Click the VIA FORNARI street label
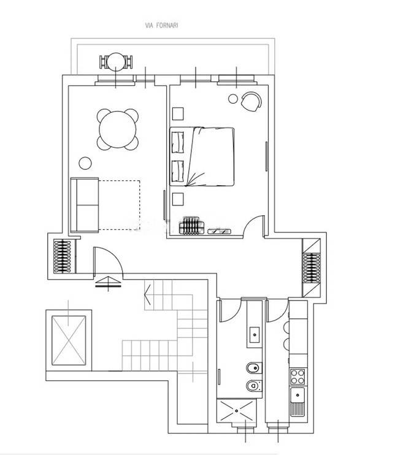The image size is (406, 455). pos(161,26)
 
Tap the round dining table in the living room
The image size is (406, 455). pos(118,129)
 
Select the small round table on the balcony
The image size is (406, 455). pos(116,61)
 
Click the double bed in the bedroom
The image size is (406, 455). pos(202,156)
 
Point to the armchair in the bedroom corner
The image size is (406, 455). pos(251,101)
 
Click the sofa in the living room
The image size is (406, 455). pos(85,205)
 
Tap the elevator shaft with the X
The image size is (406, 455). pos(69,340)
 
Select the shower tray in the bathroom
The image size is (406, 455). pos(237,411)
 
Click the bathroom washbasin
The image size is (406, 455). pos(255,335)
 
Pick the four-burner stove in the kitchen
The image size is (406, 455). pos(297,377)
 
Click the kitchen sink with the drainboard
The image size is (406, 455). pos(297,402)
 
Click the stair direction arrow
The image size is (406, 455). pos(148,294)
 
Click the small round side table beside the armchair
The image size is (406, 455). pos(233,99)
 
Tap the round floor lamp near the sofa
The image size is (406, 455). pos(85,163)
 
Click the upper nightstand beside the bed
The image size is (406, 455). pos(178,114)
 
